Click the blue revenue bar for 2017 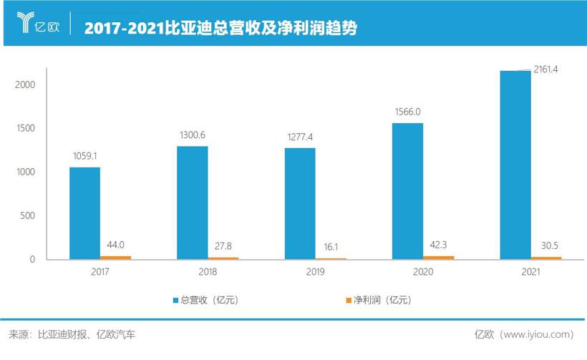point(84,213)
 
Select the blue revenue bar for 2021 point(515,165)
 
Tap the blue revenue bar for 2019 point(300,203)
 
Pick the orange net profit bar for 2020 point(438,257)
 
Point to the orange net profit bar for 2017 point(115,257)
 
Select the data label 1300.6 point(192,135)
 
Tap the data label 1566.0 point(407,112)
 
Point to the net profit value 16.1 point(330,245)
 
